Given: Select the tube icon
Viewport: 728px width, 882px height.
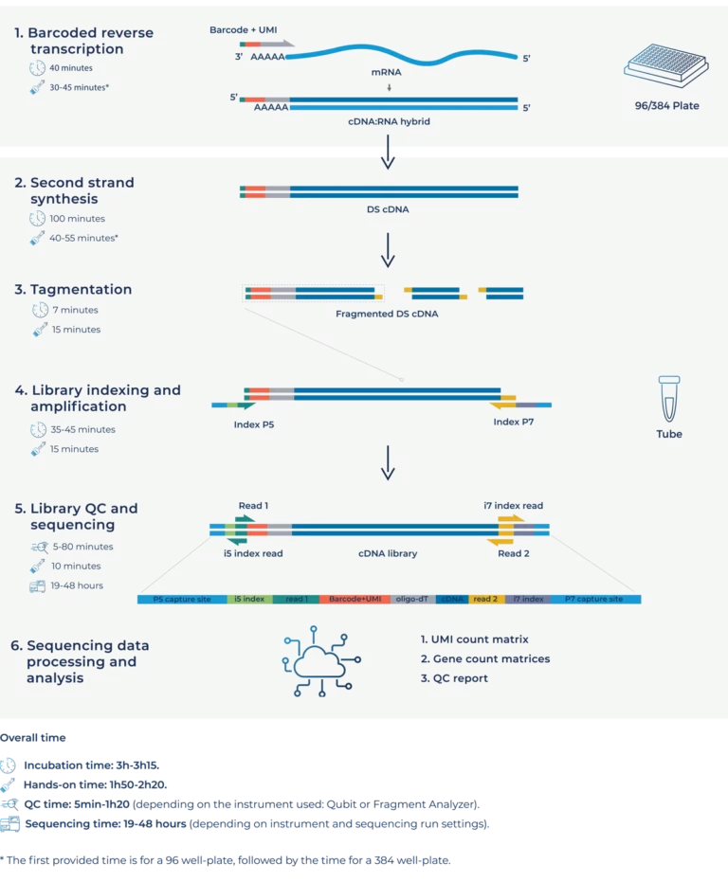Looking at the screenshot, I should click(669, 398).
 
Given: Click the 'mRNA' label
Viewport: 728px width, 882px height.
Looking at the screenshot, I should click(389, 71).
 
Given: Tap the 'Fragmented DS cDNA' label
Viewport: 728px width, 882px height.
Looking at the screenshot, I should click(388, 313).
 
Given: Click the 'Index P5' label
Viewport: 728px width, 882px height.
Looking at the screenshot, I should click(254, 423).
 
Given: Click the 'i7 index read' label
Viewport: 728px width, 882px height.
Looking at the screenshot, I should click(513, 506).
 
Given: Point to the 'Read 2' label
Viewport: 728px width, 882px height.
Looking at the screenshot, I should click(514, 553).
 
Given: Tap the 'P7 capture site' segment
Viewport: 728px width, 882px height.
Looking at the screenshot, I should click(593, 600).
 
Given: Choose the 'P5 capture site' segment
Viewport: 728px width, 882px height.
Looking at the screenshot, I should click(182, 600).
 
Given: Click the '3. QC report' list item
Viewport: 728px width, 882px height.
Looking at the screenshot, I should click(454, 678).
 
